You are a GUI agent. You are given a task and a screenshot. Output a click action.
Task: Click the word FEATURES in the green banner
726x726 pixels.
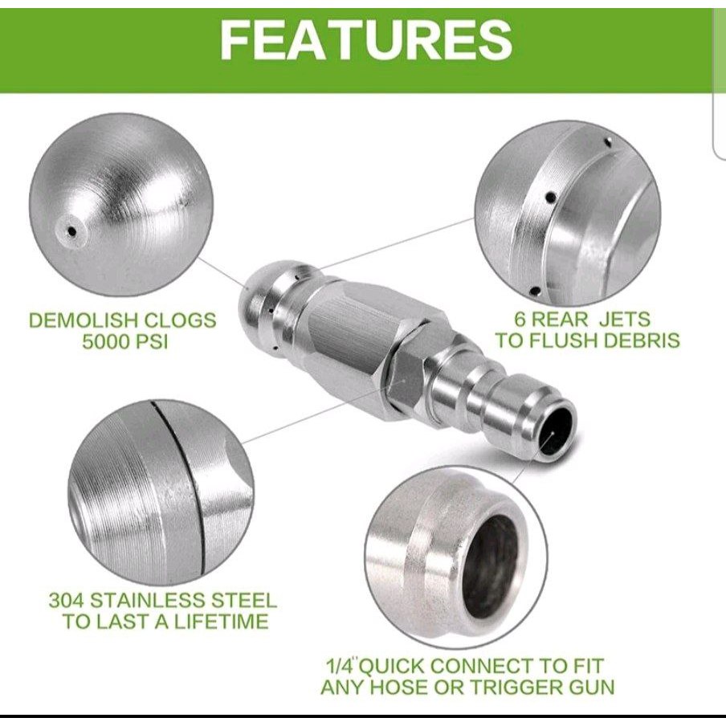click(365, 40)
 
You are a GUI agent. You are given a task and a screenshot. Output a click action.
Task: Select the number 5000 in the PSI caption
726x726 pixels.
click(106, 342)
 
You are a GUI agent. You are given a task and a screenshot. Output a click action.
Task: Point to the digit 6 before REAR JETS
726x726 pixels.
click(521, 319)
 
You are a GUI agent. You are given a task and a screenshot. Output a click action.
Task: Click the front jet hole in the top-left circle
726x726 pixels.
click(71, 230)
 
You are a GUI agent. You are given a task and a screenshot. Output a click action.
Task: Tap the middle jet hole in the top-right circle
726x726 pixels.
click(551, 198)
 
